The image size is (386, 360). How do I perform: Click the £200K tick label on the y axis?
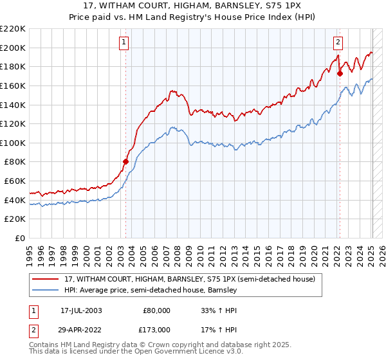(x=13, y=48)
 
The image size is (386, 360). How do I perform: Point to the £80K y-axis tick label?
(x=15, y=162)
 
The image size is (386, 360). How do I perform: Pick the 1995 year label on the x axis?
(x=29, y=250)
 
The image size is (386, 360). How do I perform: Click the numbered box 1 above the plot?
(x=123, y=43)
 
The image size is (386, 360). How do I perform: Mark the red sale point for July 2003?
(x=126, y=161)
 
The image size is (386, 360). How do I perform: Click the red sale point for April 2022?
(x=340, y=73)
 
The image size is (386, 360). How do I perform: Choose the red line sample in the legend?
(x=46, y=280)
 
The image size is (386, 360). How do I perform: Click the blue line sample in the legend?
(x=46, y=291)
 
